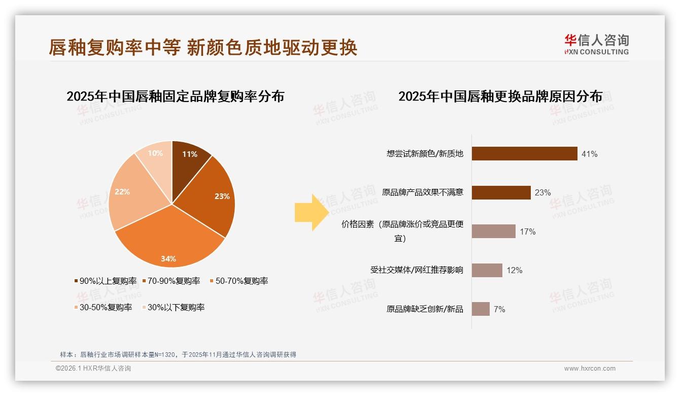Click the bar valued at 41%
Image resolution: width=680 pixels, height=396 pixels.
click(524, 153)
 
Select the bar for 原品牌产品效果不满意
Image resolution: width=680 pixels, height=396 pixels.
click(501, 192)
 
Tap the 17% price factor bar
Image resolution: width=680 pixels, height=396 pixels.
click(493, 232)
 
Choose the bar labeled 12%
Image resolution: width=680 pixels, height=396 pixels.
click(487, 270)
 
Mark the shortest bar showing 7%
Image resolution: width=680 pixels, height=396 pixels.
click(481, 309)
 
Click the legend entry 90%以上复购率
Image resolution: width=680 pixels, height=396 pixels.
click(105, 281)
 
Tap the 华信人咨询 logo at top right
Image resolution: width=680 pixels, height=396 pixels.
click(596, 44)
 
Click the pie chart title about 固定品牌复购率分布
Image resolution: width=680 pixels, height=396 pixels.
click(175, 96)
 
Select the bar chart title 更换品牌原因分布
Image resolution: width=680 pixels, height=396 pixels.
click(500, 96)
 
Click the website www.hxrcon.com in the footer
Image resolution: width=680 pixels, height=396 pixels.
click(589, 369)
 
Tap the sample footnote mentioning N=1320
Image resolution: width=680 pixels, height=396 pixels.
click(178, 355)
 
